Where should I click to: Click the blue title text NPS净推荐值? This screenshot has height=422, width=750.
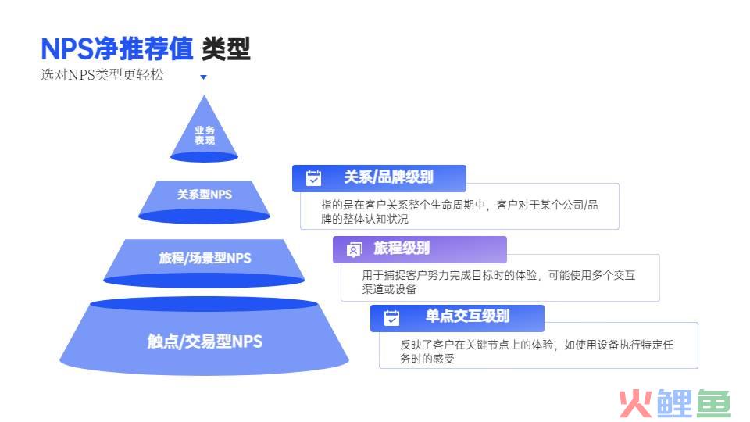[x=116, y=48]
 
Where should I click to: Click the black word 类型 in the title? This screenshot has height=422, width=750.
[x=226, y=48]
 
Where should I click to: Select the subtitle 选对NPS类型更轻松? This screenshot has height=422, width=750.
[x=102, y=75]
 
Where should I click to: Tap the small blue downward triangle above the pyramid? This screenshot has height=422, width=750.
[x=203, y=77]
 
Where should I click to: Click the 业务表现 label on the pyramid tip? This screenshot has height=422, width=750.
[x=205, y=135]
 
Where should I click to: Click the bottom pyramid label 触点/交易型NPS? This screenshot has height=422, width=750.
[x=205, y=342]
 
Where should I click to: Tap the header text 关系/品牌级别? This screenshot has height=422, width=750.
[x=388, y=177]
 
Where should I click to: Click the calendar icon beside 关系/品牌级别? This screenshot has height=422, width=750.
[x=314, y=178]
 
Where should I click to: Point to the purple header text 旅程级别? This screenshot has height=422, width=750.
[x=402, y=248]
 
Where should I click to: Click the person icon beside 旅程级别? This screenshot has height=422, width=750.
[x=354, y=249]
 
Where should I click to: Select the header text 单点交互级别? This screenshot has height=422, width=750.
[x=467, y=316]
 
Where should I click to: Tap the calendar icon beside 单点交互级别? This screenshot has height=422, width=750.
[x=391, y=318]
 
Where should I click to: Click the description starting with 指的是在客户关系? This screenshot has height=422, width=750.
[x=459, y=212]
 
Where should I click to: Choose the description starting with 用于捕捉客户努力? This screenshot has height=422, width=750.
[x=498, y=282]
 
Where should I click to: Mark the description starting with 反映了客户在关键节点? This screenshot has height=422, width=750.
[x=537, y=352]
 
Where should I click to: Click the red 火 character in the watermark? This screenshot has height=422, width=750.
[x=636, y=404]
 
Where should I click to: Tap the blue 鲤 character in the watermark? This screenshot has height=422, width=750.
[x=674, y=404]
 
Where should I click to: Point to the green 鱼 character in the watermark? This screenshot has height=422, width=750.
[x=713, y=404]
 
